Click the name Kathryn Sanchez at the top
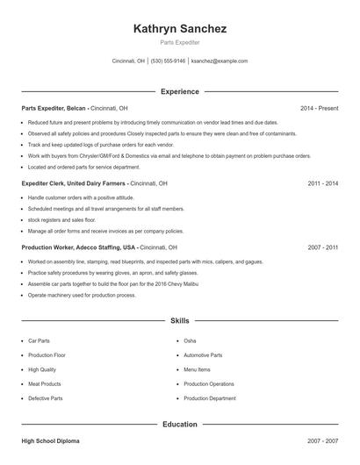coord(180,29)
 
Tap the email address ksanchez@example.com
coord(219,61)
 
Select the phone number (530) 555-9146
coord(168,61)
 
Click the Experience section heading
coord(180,91)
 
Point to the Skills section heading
coord(180,322)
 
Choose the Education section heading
coord(180,424)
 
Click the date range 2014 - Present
coord(319,108)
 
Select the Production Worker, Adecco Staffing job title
coord(79,247)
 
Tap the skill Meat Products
coord(45,383)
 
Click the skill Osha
coord(191,340)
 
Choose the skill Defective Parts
coord(46,398)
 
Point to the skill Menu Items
coord(198,369)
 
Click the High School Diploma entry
coord(50,440)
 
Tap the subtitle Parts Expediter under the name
coord(180,42)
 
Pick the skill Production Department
coord(210,398)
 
